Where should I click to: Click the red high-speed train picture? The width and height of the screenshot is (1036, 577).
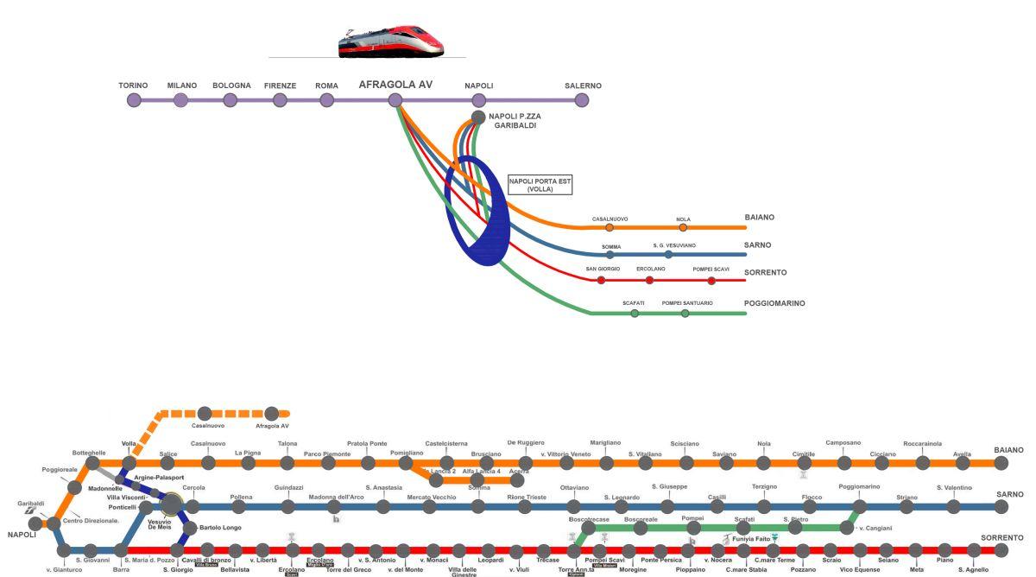390,41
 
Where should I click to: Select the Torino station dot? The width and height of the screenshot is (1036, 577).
134,100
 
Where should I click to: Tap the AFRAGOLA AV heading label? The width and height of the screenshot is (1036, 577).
395,85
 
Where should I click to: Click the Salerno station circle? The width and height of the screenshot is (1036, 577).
582,100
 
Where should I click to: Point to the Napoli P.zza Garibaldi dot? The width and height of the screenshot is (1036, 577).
478,117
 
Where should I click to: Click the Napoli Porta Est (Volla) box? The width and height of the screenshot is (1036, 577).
540,185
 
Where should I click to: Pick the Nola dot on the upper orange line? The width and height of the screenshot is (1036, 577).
683,228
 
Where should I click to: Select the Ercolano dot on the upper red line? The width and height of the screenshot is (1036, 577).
649,280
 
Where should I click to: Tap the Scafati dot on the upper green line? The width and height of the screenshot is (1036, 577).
635,314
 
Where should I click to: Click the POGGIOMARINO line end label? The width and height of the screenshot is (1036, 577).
774,303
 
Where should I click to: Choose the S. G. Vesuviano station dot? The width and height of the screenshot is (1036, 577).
668,255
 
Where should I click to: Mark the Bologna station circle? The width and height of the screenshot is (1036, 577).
231,100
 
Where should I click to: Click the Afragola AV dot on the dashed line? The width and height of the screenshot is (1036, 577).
272,414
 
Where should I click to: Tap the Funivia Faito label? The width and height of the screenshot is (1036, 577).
750,539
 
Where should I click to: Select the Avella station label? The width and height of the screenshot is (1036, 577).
962,454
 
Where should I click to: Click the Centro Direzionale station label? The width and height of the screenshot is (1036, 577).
91,520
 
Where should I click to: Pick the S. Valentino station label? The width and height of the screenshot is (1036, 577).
954,488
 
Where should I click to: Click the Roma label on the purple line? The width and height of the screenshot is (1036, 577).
326,86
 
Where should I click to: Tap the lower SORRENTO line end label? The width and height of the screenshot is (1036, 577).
1001,537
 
